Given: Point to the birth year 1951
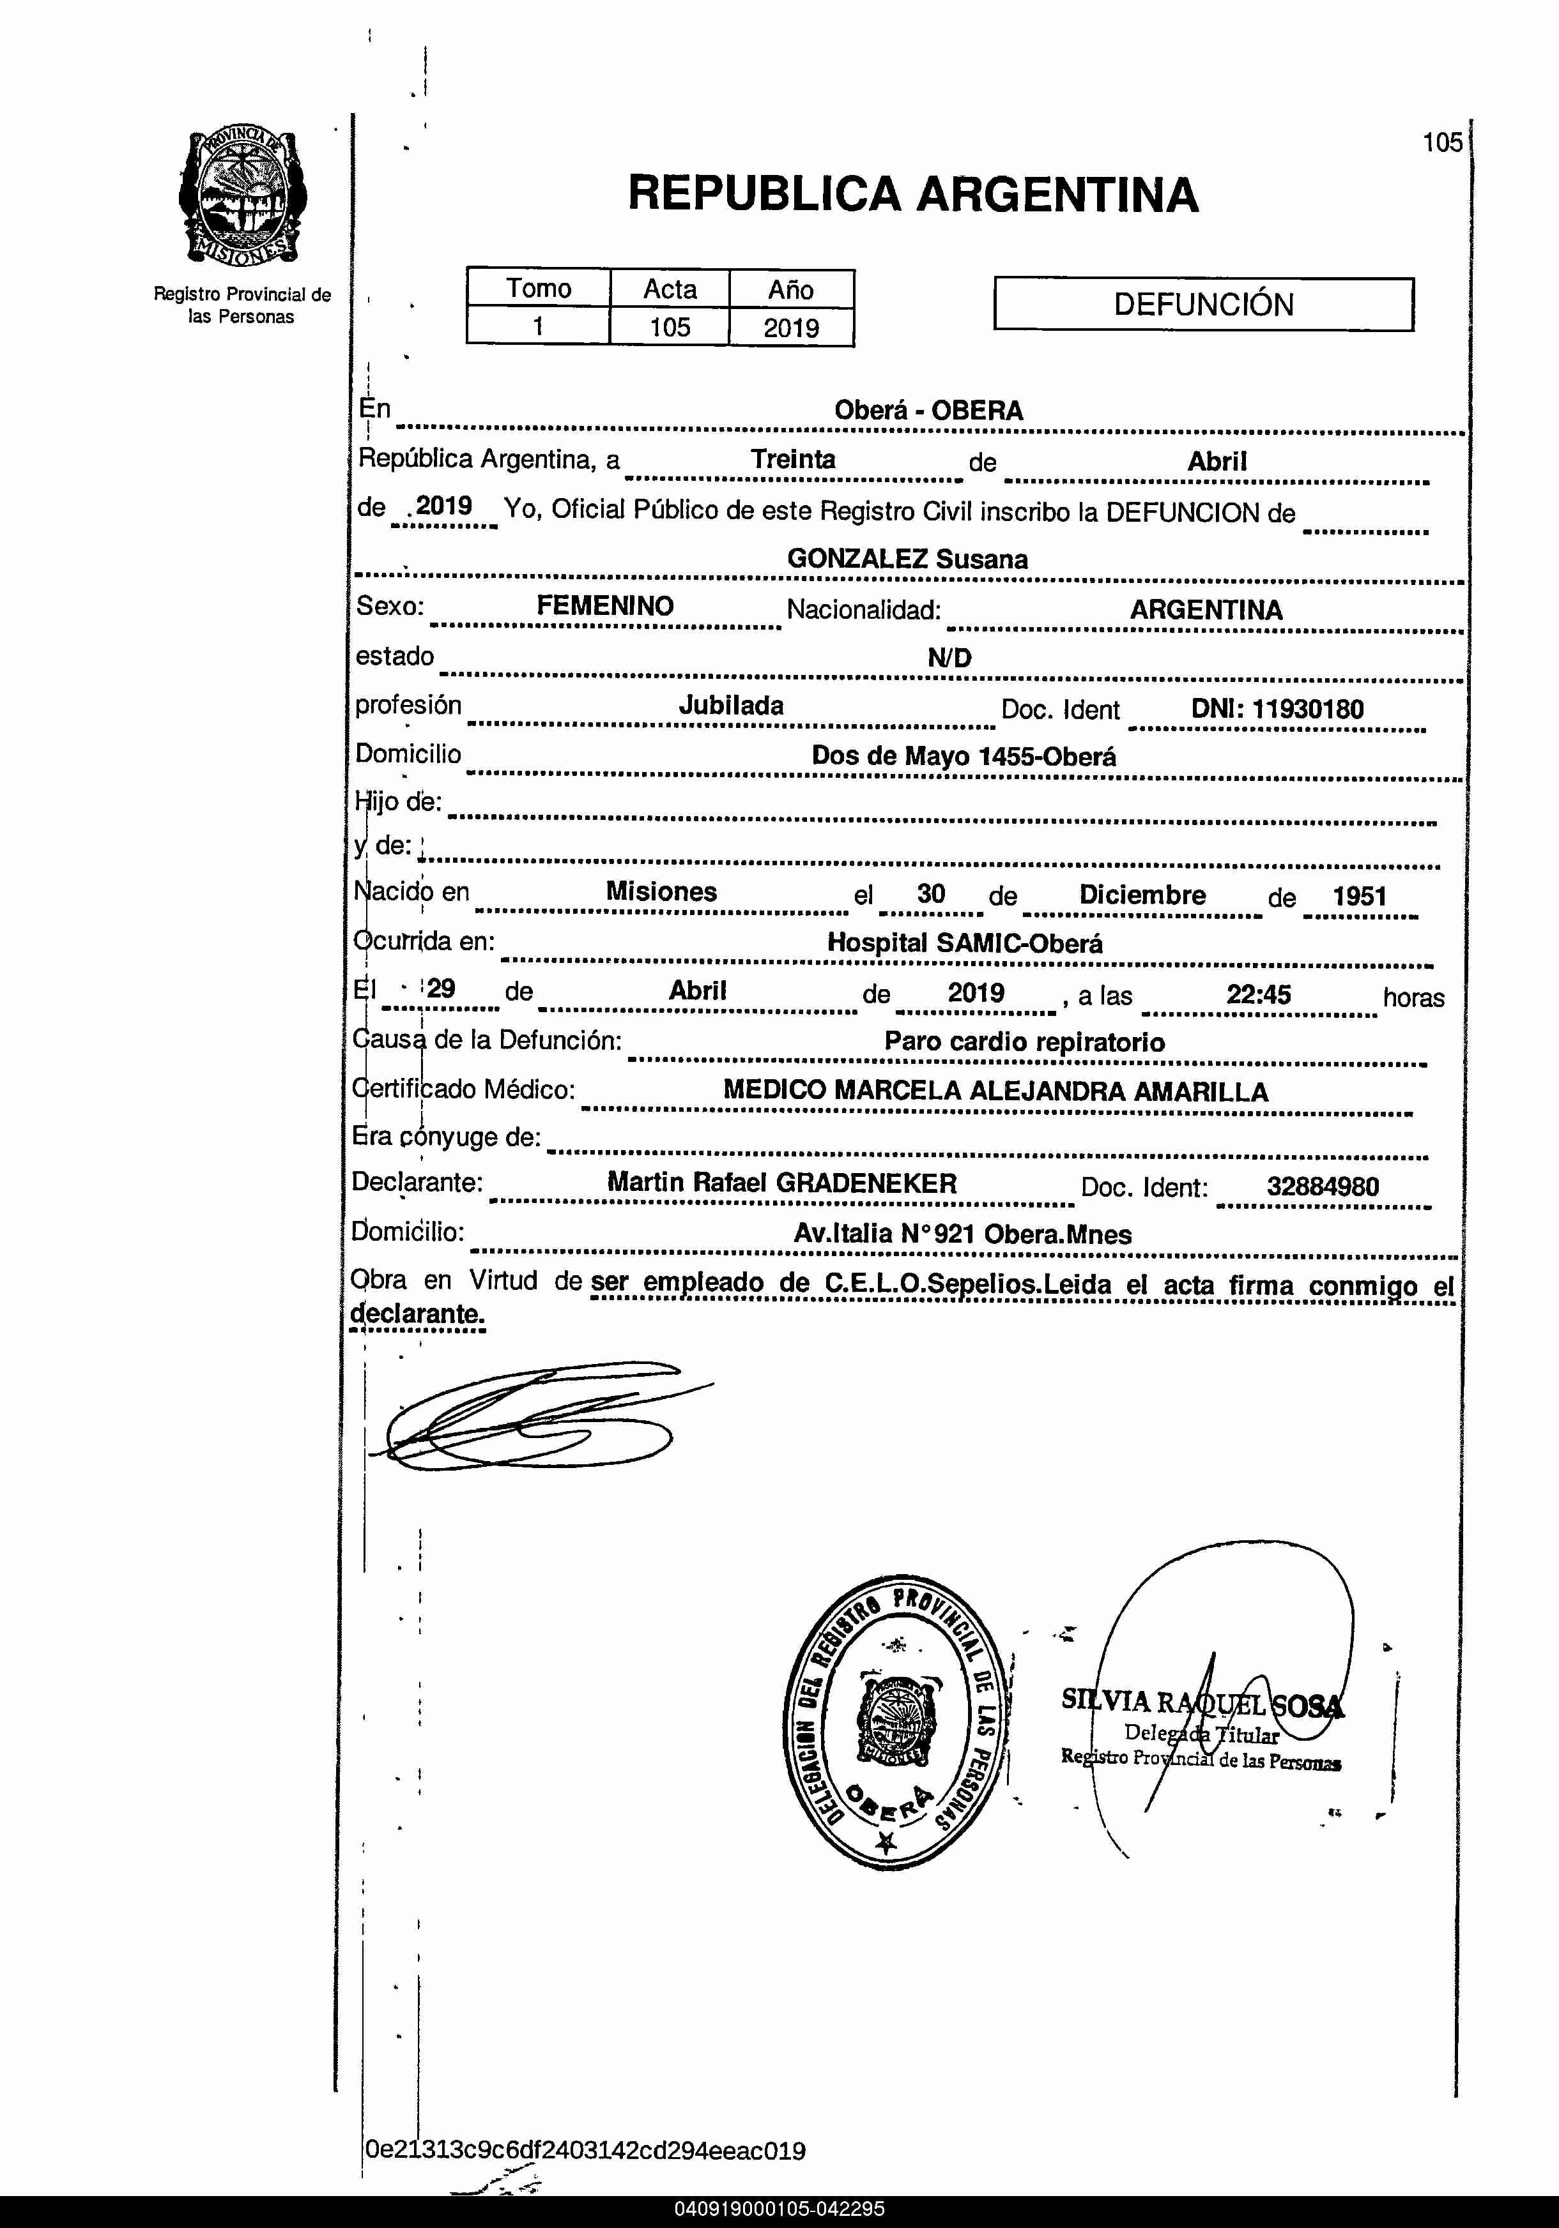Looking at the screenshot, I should tap(1359, 896).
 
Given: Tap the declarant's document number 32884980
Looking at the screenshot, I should tap(1322, 1186).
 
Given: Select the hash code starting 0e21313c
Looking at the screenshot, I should tap(585, 2150).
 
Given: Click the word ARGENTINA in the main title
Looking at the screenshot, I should tap(1057, 194).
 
